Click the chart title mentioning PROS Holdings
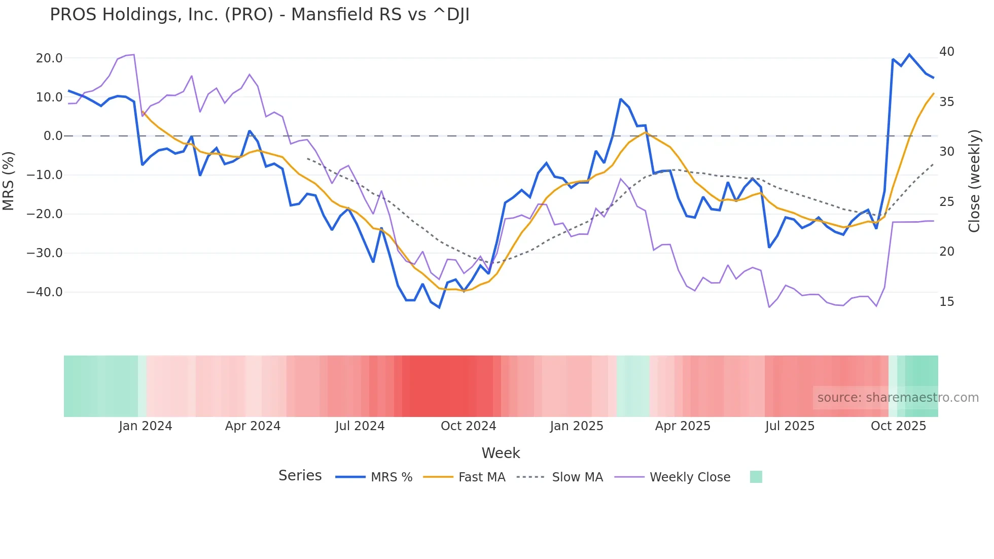point(259,15)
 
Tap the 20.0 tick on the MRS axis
point(49,58)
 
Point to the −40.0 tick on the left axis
point(45,292)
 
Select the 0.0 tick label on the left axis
point(53,136)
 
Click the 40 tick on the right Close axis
point(946,52)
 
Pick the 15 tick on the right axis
point(946,302)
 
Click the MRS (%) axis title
point(9,181)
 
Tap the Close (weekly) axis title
point(974,181)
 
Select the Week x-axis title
point(501,453)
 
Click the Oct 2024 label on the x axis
point(468,426)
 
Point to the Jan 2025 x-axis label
point(576,426)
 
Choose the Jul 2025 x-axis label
point(790,426)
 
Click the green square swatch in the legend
point(756,477)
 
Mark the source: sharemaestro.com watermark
point(898,398)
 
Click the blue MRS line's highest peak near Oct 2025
point(909,54)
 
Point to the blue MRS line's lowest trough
point(439,307)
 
